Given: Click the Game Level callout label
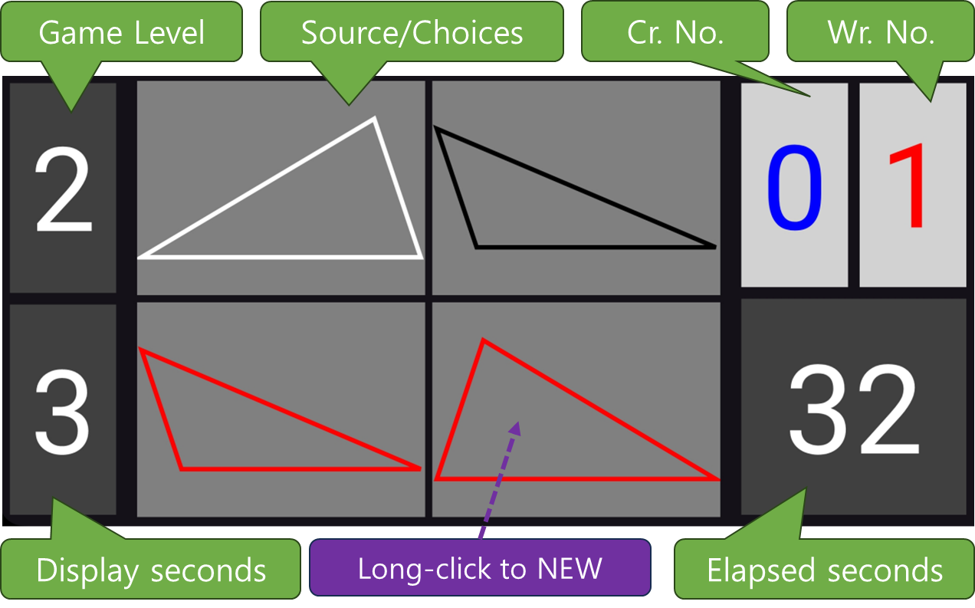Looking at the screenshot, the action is [122, 33].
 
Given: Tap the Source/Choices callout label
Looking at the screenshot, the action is [412, 33].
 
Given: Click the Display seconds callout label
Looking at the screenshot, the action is [151, 570].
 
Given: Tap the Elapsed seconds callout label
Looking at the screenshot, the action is [825, 570].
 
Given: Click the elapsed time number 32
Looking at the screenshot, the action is [853, 410].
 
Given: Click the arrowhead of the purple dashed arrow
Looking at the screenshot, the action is [516, 427].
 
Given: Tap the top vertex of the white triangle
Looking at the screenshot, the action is [374, 119].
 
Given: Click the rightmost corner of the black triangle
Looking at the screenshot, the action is [714, 247].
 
